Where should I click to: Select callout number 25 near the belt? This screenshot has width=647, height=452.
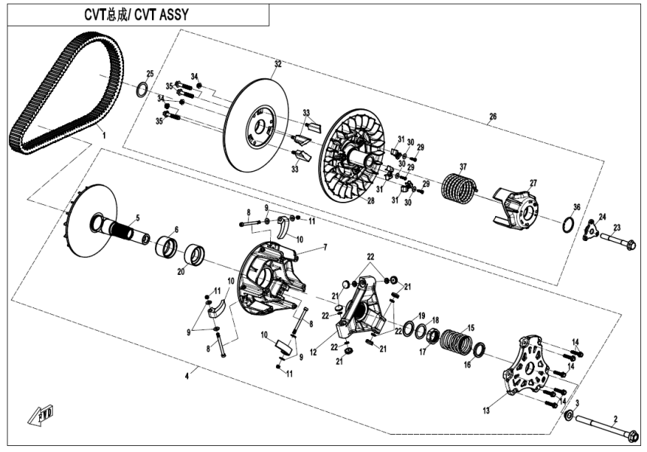pyautogui.click(x=150, y=74)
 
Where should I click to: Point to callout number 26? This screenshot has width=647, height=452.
pyautogui.click(x=493, y=117)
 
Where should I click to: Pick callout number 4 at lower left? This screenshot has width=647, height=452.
pyautogui.click(x=198, y=370)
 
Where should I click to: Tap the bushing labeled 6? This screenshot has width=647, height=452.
pyautogui.click(x=166, y=247)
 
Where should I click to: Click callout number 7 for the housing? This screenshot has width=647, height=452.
pyautogui.click(x=325, y=247)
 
